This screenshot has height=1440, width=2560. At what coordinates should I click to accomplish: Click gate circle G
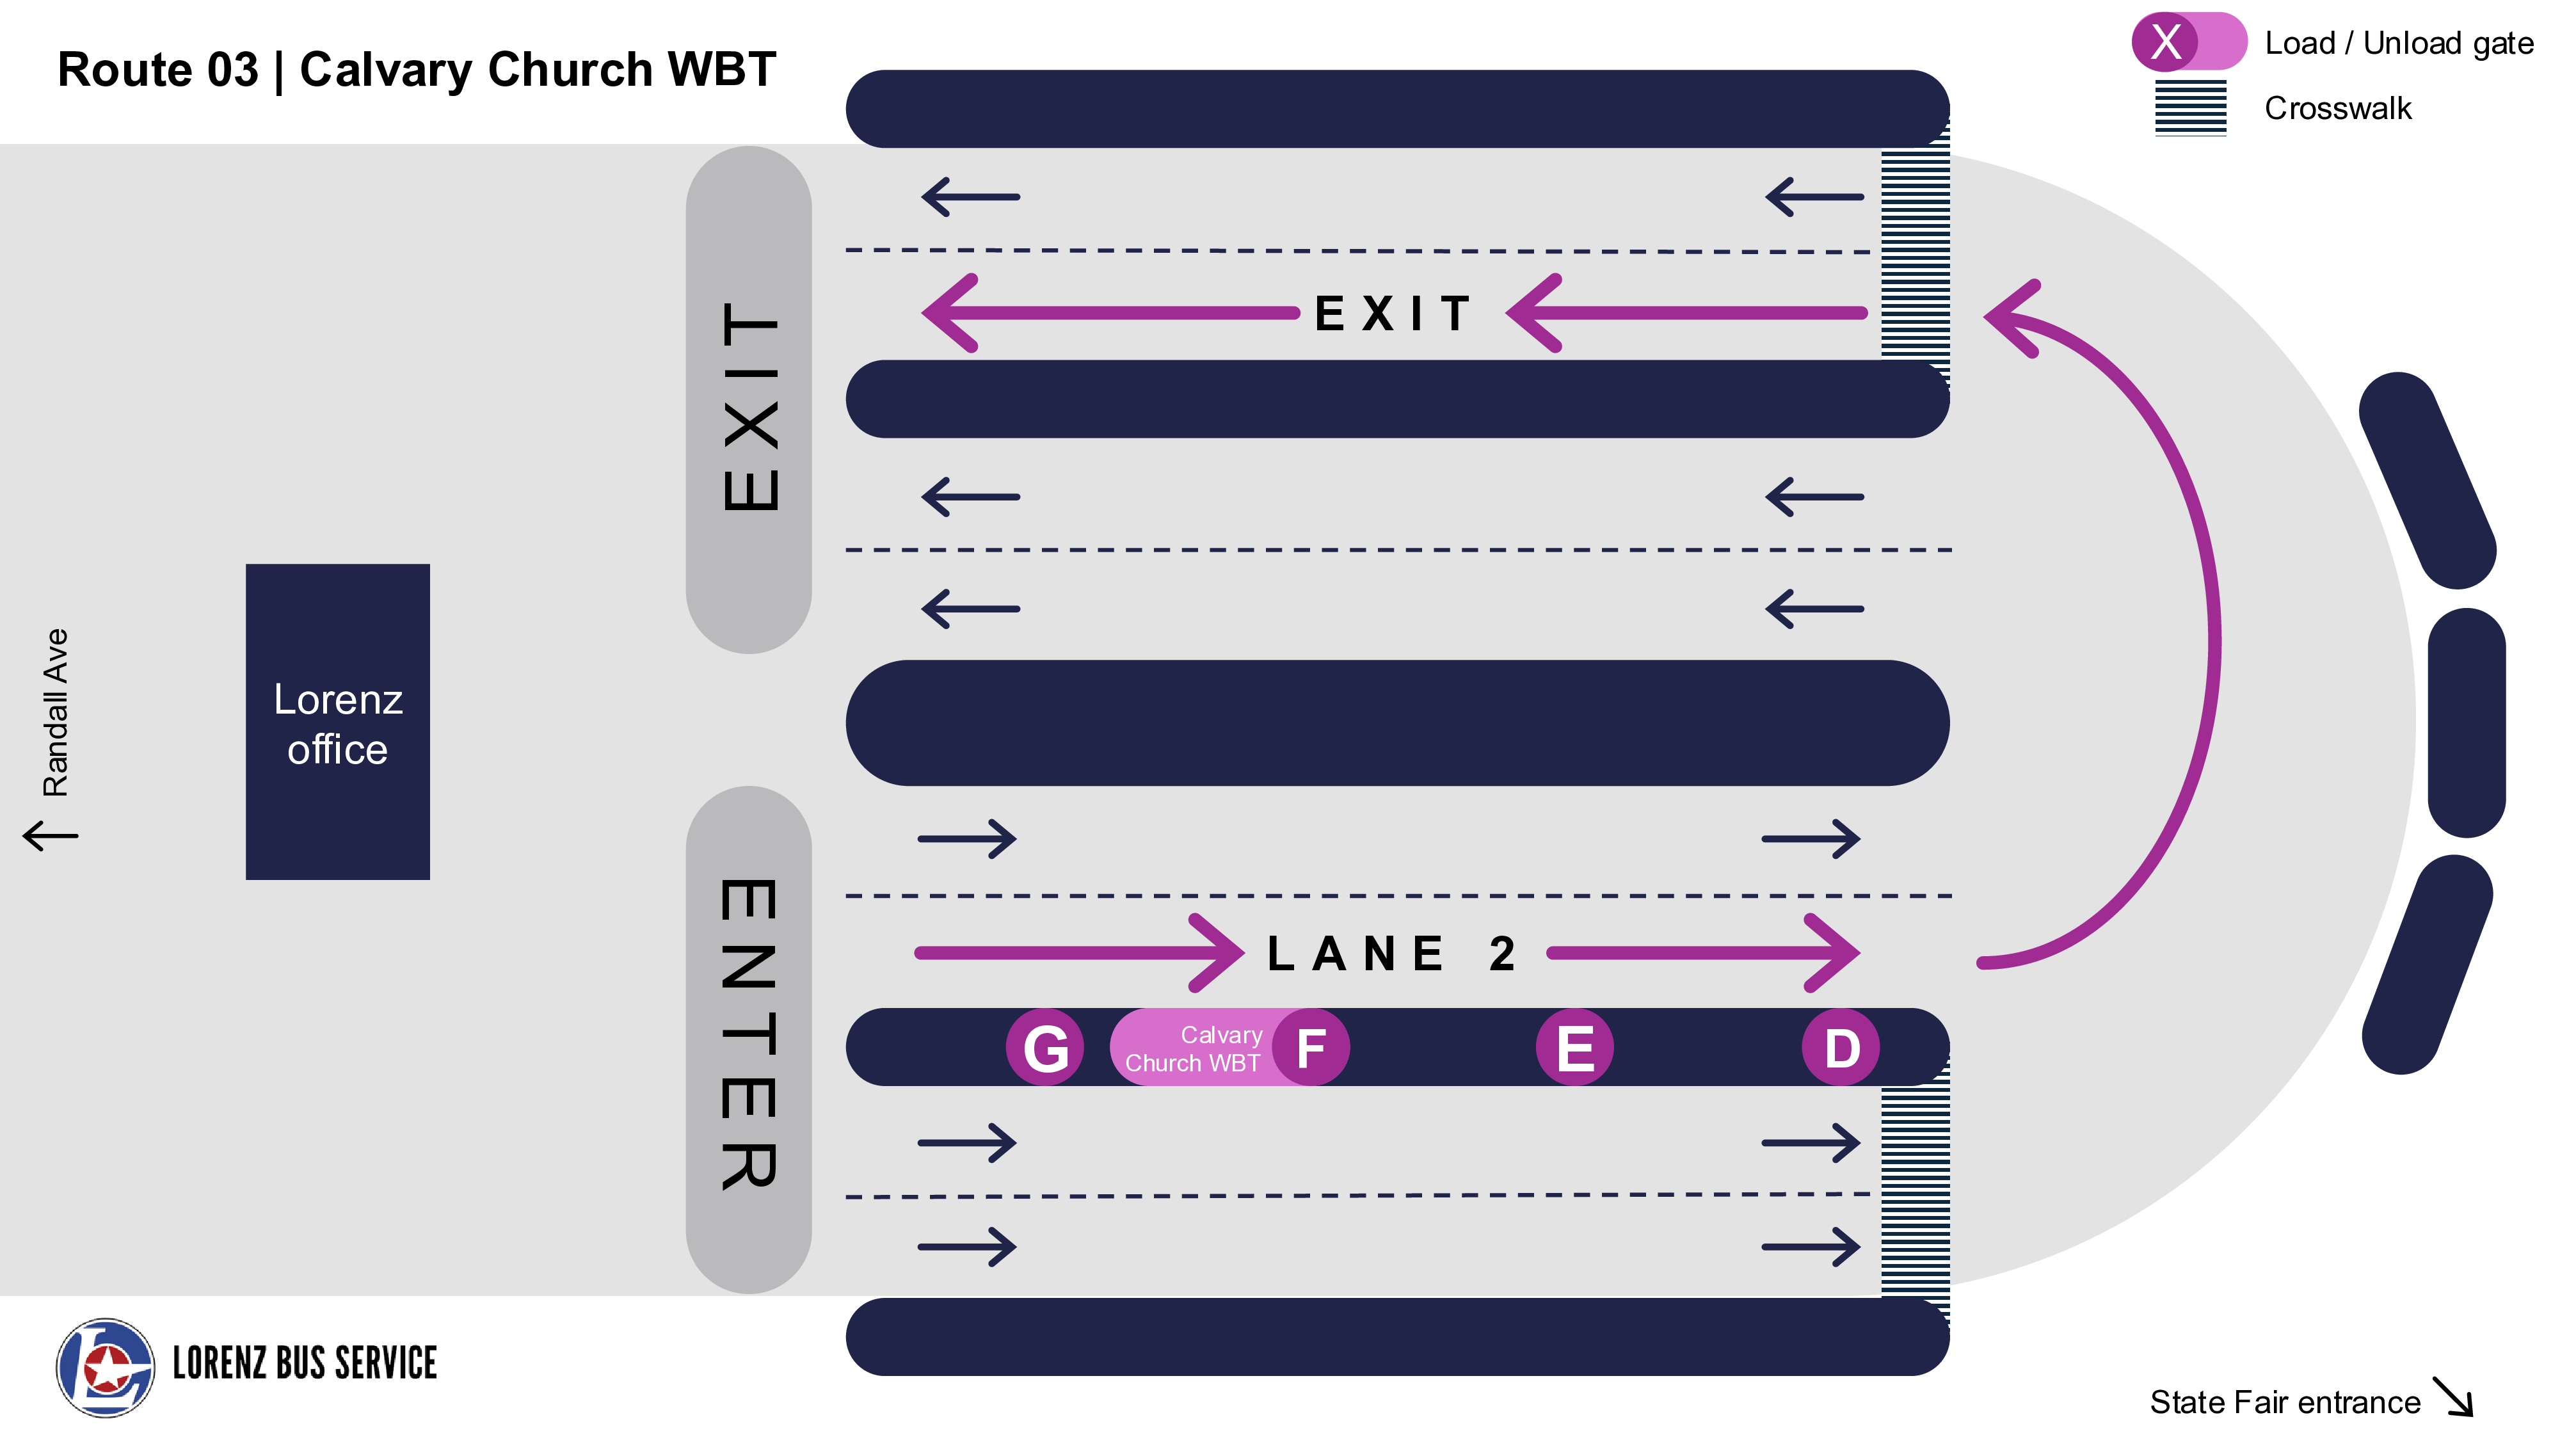(1044, 1048)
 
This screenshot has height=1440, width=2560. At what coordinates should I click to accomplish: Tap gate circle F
(1311, 1048)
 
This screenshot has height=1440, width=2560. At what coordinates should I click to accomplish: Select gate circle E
(1575, 1048)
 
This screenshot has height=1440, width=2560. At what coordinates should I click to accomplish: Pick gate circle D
(1841, 1048)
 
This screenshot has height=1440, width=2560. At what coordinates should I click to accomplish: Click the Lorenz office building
(338, 723)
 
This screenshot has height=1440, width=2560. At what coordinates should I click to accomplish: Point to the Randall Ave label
(56, 712)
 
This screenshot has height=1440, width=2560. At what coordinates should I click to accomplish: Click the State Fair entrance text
(2285, 1402)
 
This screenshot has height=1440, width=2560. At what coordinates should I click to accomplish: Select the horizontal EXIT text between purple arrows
(1393, 314)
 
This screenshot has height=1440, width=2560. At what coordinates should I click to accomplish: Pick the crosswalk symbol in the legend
(2190, 108)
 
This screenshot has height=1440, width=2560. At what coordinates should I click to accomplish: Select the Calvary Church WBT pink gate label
(1192, 1048)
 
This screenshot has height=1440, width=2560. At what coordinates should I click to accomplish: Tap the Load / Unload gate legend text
(2398, 44)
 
